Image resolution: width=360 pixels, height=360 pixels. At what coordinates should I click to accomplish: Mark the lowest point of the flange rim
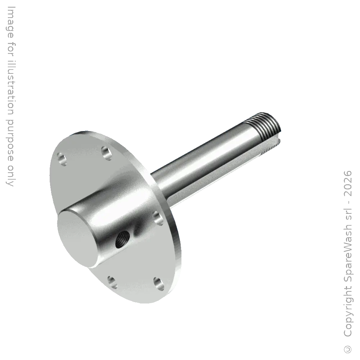(144, 304)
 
